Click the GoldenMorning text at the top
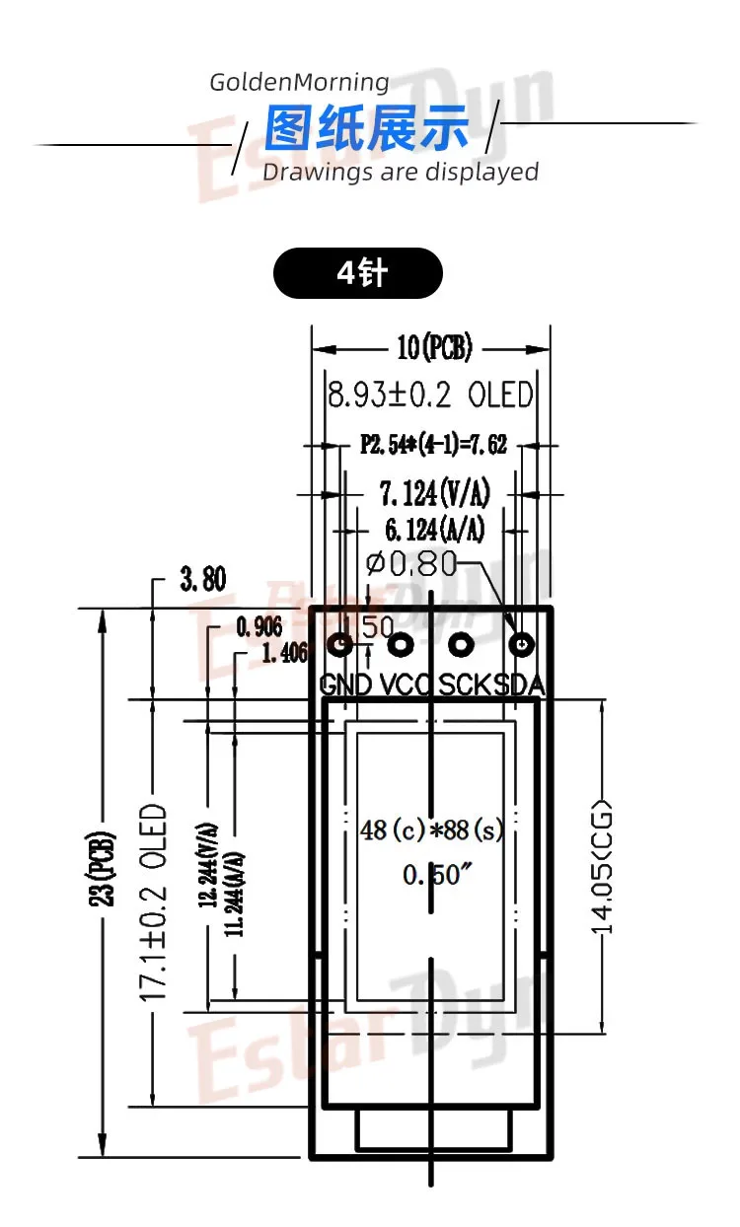pyautogui.click(x=299, y=82)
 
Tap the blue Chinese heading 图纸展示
pyautogui.click(x=367, y=130)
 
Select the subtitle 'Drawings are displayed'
pyautogui.click(x=400, y=173)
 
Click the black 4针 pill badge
pyautogui.click(x=357, y=273)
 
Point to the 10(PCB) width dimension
pyautogui.click(x=434, y=348)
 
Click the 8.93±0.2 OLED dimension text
pyautogui.click(x=430, y=396)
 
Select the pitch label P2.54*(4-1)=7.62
pyautogui.click(x=433, y=445)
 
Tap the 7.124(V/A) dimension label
pyautogui.click(x=434, y=492)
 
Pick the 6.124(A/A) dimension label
pyautogui.click(x=434, y=530)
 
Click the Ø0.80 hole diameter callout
pyautogui.click(x=411, y=564)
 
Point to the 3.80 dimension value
pyautogui.click(x=202, y=579)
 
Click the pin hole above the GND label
pyautogui.click(x=340, y=645)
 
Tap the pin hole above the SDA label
pyautogui.click(x=521, y=645)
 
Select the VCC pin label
pyautogui.click(x=406, y=684)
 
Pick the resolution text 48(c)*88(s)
pyautogui.click(x=432, y=830)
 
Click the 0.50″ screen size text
pyautogui.click(x=432, y=875)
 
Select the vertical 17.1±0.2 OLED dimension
pyautogui.click(x=153, y=902)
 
